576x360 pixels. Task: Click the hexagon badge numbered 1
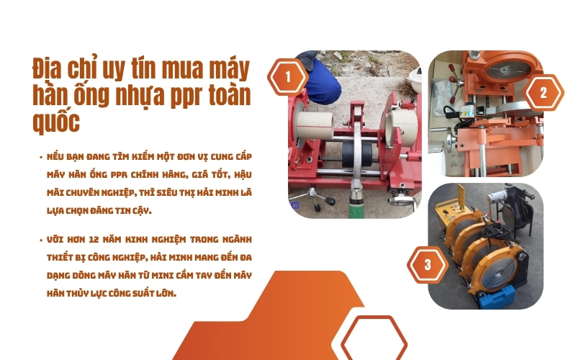click(x=288, y=76)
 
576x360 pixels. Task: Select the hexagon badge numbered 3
click(x=428, y=264)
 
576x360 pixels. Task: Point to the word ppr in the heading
click(x=177, y=96)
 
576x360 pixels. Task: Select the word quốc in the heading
click(x=57, y=121)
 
